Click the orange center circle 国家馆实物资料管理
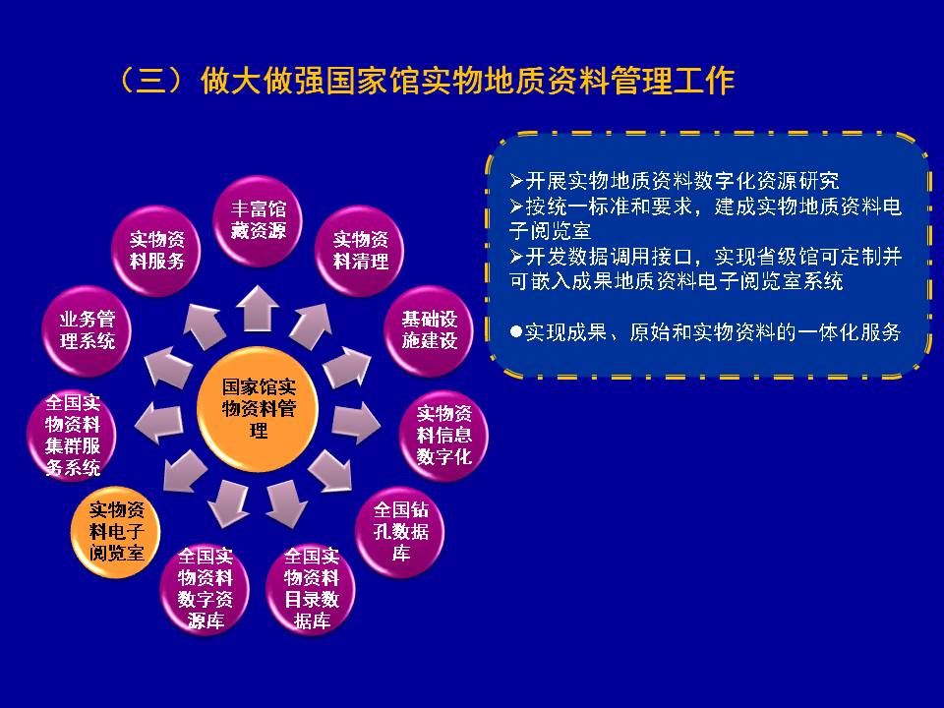[258, 409]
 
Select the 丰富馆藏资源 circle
[258, 221]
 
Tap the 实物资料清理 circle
[360, 251]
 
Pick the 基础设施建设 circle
[429, 330]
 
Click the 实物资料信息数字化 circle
[443, 436]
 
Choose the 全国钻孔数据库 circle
[400, 532]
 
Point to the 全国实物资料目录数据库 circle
[311, 588]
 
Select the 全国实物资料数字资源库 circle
[205, 588]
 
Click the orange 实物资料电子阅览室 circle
[116, 532]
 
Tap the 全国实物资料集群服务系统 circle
[72, 436]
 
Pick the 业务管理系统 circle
[87, 330]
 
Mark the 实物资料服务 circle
[156, 251]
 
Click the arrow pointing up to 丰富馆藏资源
[257, 308]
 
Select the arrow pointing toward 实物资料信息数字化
[355, 423]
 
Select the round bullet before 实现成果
[515, 331]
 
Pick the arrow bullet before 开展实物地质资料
[516, 180]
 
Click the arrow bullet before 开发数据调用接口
[516, 257]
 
